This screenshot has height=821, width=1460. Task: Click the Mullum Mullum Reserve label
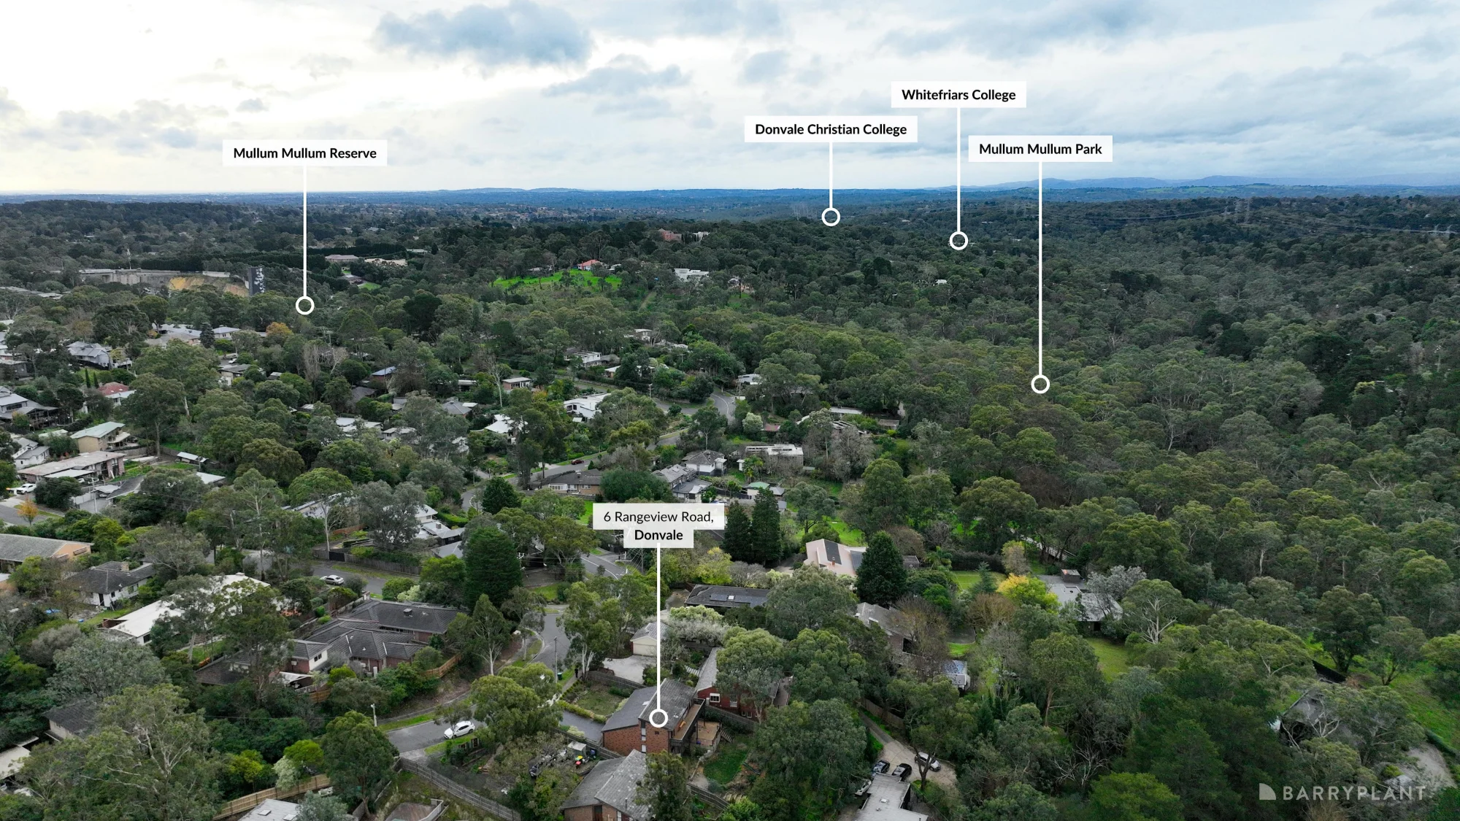(x=304, y=153)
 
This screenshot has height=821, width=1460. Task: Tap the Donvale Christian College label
(x=831, y=129)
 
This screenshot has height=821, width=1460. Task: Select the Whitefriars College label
(x=958, y=95)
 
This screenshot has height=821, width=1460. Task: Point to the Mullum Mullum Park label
(x=1040, y=149)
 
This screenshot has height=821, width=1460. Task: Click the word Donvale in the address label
(x=658, y=535)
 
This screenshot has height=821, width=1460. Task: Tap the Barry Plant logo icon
(x=1267, y=792)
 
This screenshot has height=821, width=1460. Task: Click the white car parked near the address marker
(x=459, y=728)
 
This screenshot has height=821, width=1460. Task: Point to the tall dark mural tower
(x=255, y=280)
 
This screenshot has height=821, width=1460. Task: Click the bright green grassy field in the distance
(x=555, y=278)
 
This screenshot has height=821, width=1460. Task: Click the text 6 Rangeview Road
(x=658, y=517)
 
